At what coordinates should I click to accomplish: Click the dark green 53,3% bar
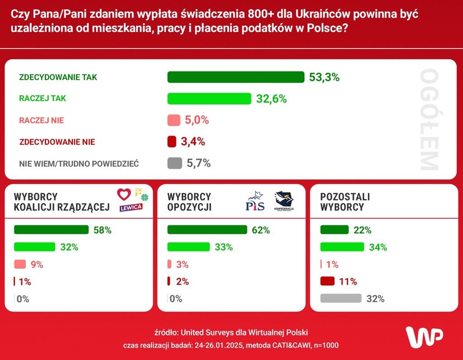tap(236, 77)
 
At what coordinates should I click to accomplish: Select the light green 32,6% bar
tap(209, 99)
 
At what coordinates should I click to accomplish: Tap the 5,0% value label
tap(196, 120)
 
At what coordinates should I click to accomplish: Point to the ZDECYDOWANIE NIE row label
tap(57, 142)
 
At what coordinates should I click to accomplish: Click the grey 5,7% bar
tap(175, 163)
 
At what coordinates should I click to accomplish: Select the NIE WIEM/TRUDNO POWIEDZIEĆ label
tap(79, 164)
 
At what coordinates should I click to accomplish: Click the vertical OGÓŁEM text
tap(428, 120)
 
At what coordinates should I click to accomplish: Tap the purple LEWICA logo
tap(131, 207)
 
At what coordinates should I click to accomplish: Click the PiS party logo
tap(254, 202)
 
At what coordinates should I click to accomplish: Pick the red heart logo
tap(124, 194)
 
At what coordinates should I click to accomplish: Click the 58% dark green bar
tap(51, 230)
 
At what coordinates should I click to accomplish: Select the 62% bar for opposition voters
tap(207, 230)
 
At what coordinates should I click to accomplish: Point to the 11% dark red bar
tap(327, 281)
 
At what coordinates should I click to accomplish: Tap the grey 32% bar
tap(341, 298)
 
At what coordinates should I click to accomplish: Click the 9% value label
tap(37, 265)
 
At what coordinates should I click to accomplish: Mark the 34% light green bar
tap(342, 247)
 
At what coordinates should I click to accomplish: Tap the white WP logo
tap(424, 336)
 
